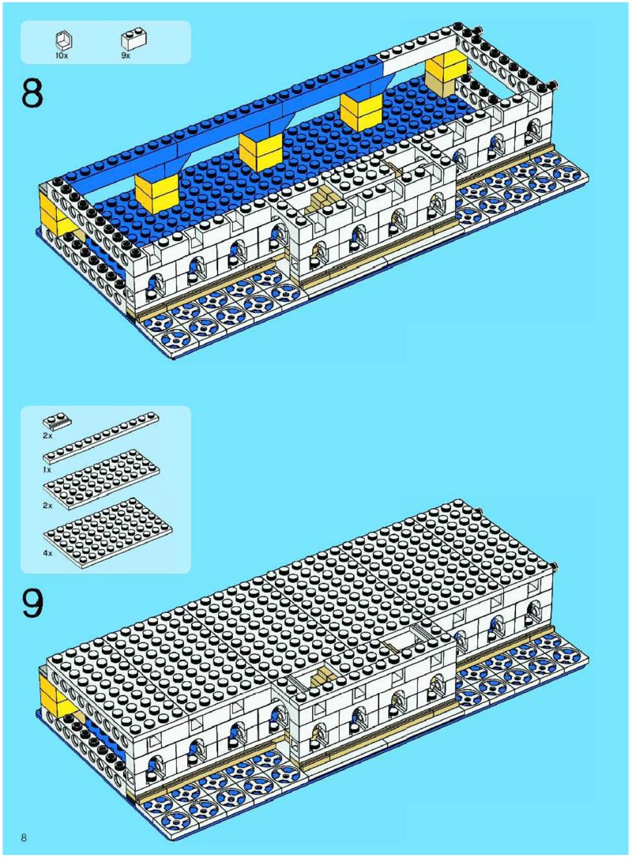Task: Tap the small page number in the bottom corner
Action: pos(25,837)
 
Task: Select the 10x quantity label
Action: pos(61,56)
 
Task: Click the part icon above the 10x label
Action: pos(62,40)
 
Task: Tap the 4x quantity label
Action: pos(48,554)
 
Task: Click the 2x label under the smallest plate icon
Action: pos(48,435)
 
